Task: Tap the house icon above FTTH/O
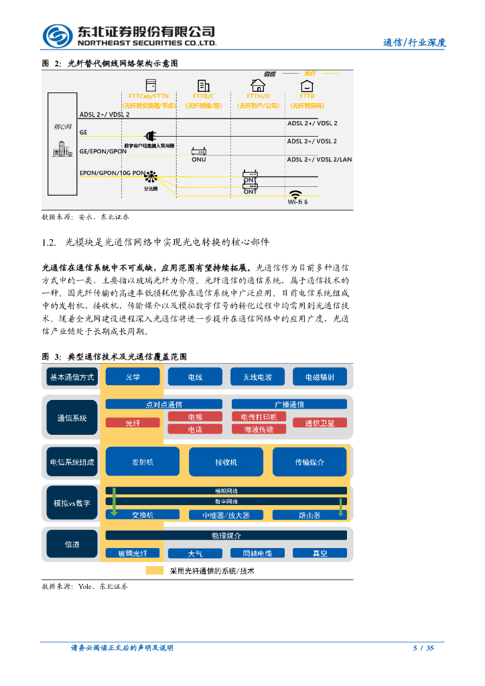257,85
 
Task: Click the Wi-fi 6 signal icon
295,193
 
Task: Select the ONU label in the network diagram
199,159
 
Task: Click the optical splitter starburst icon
151,178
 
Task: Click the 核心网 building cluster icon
63,149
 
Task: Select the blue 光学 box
133,377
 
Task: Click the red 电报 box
195,417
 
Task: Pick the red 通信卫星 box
325,423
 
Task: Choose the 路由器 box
309,514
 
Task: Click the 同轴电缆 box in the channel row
252,553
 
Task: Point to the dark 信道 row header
72,544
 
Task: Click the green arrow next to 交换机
114,502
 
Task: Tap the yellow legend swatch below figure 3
155,571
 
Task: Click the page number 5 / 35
423,648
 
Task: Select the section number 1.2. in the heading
49,242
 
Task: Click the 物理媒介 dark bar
226,536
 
